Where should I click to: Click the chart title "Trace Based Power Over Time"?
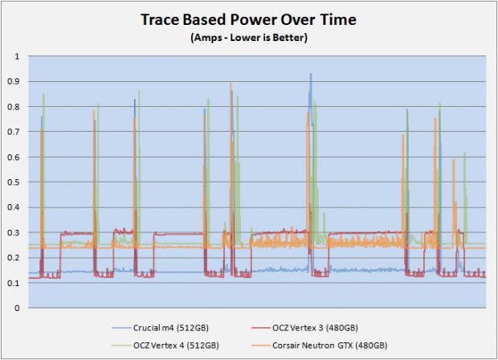click(248, 20)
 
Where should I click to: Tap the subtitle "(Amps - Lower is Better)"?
click(249, 38)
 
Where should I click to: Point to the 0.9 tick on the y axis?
click(14, 82)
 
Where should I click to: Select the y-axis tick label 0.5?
click(14, 182)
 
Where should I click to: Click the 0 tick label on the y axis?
click(17, 308)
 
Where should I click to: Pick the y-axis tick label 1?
click(17, 56)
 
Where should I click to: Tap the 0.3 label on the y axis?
click(14, 232)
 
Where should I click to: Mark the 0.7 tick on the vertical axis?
click(14, 132)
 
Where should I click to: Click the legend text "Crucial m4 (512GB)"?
click(171, 328)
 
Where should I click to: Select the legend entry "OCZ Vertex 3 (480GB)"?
click(315, 328)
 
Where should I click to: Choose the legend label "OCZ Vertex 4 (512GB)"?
click(176, 346)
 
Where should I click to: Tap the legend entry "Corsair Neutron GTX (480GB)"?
click(329, 346)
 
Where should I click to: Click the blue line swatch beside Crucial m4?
click(121, 328)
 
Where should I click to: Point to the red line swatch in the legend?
click(260, 328)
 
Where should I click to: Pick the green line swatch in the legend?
click(121, 346)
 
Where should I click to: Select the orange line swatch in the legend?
click(260, 346)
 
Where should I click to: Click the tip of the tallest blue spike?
click(311, 74)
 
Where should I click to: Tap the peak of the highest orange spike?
click(231, 82)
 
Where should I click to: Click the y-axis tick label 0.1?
click(14, 283)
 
